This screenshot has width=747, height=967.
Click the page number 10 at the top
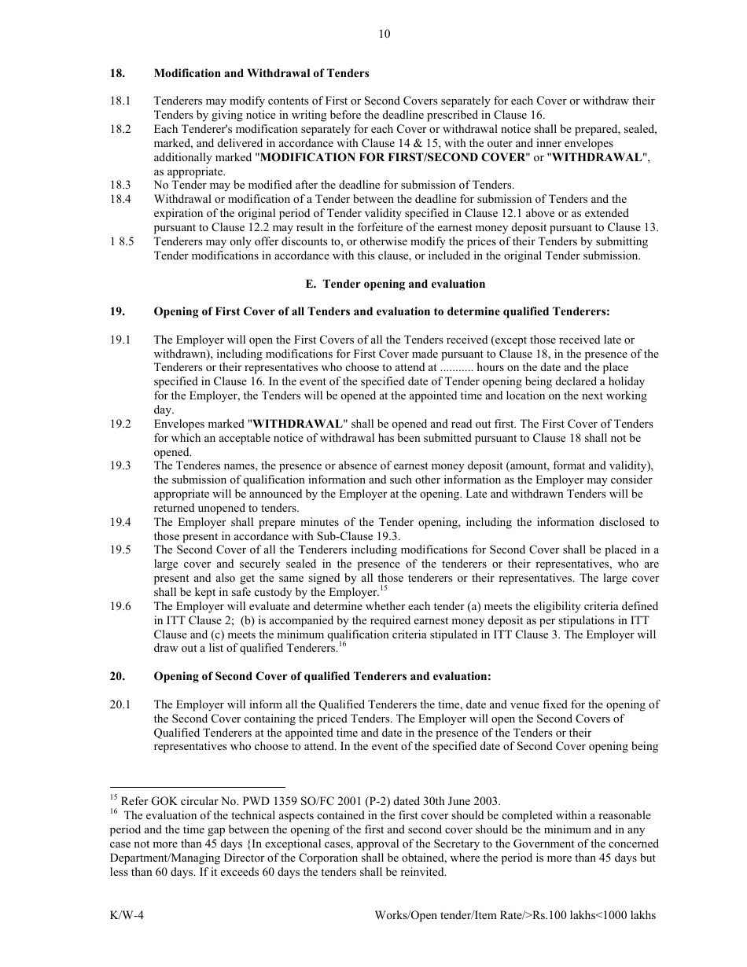[x=384, y=34]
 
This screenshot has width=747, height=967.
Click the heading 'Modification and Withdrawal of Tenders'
[x=261, y=73]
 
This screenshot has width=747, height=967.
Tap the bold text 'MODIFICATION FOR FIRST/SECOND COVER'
[x=392, y=157]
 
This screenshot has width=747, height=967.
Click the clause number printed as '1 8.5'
[x=121, y=242]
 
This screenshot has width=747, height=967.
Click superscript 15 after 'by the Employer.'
[x=383, y=589]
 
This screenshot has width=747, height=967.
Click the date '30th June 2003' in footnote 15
[x=463, y=801]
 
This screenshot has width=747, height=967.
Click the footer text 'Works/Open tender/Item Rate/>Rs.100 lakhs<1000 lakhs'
[x=515, y=916]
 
